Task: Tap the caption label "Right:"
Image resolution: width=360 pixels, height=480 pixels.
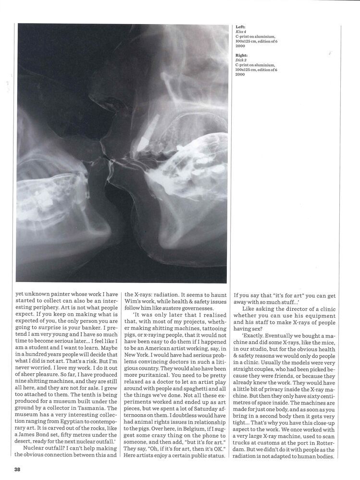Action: pyautogui.click(x=242, y=55)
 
